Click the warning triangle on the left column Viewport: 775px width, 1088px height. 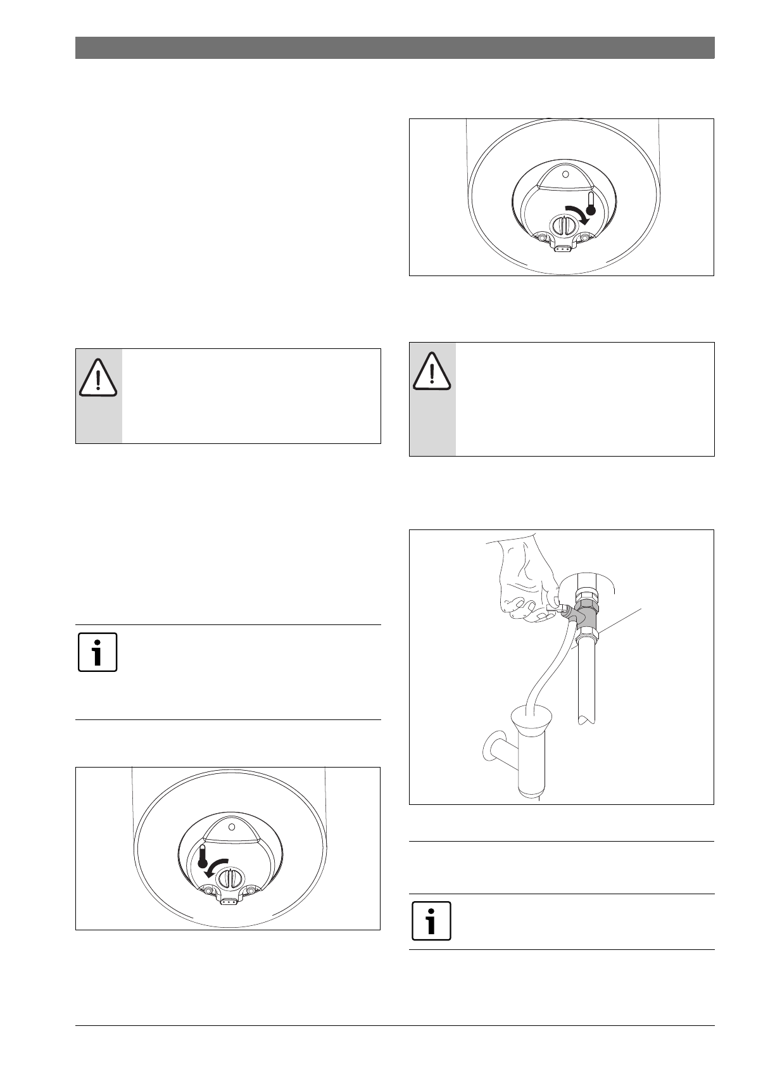[98, 378]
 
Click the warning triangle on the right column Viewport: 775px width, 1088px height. [432, 372]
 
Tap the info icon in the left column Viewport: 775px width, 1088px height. [98, 652]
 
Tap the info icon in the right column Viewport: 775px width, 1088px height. [431, 920]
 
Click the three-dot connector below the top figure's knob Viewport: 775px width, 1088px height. [561, 249]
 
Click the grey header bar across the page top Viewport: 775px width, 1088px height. [394, 48]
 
